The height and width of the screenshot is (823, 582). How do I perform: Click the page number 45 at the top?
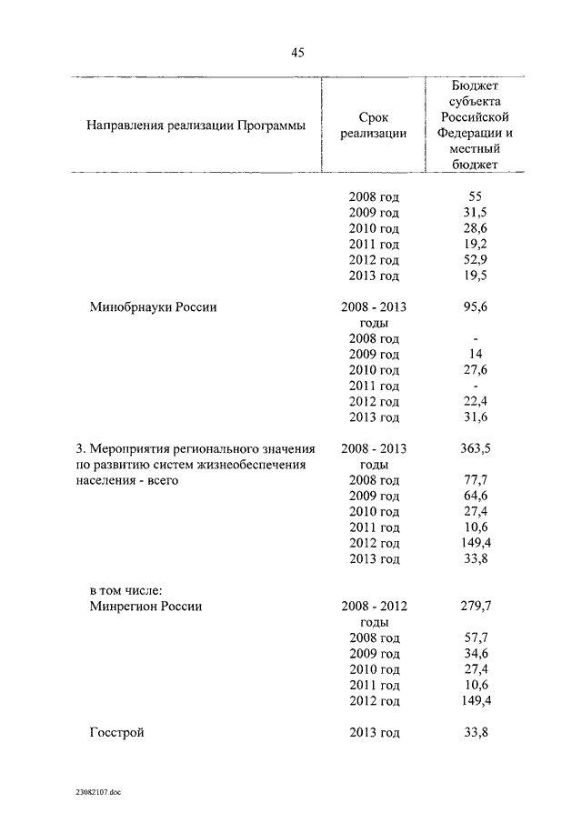click(x=297, y=53)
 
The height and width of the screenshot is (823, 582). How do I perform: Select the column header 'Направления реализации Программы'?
click(x=196, y=125)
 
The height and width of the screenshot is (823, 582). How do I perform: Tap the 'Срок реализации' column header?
click(x=374, y=125)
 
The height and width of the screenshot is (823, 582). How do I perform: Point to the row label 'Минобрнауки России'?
click(x=153, y=307)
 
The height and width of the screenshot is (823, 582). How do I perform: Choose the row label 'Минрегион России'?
click(x=145, y=606)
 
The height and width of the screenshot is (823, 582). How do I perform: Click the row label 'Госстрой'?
click(x=117, y=732)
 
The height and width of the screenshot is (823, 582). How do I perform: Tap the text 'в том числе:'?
click(x=125, y=590)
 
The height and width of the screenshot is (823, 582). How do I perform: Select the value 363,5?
click(x=473, y=448)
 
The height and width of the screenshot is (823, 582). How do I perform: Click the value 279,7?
click(x=473, y=606)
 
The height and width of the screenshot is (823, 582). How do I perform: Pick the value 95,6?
click(x=473, y=307)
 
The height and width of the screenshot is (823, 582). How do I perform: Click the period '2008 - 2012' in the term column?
click(x=374, y=606)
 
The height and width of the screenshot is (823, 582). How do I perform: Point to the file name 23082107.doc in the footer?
click(x=99, y=792)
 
